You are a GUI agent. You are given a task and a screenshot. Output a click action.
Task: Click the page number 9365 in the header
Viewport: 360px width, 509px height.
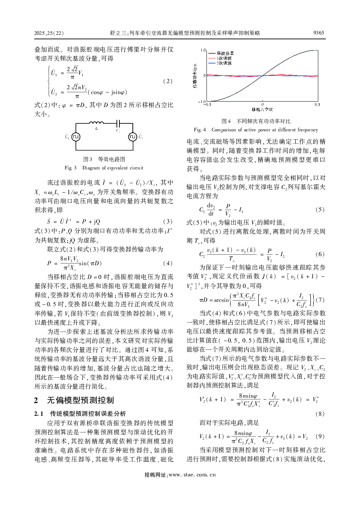pos(318,33)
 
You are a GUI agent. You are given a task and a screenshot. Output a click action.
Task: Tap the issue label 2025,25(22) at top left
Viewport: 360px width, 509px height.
pos(49,33)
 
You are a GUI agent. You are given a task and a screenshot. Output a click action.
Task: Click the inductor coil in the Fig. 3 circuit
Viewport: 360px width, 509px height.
pos(96,123)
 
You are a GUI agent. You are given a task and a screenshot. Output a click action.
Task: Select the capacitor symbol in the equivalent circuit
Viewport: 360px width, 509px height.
pos(118,124)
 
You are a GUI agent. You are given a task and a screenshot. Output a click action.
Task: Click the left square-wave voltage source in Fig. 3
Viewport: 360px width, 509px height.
pos(75,137)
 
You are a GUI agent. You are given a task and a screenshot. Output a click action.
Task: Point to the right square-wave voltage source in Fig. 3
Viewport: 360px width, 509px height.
pos(132,137)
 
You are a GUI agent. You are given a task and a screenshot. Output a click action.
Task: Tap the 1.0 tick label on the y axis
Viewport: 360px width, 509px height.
pos(203,50)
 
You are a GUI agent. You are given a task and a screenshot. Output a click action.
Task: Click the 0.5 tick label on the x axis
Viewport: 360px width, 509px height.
pos(317,104)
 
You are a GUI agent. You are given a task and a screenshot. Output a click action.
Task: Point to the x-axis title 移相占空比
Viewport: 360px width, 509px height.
pos(262,109)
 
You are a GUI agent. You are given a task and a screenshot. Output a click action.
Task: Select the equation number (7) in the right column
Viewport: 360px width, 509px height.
pos(320,300)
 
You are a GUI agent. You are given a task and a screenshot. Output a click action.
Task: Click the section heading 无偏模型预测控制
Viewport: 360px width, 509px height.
pos(81,400)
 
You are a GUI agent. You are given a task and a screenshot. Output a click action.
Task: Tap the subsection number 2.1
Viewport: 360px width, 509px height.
pos(39,414)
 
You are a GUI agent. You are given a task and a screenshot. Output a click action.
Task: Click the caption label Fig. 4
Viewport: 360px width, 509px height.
pos(200,130)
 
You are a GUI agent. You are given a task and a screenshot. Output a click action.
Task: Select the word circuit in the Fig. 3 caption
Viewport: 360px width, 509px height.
pos(136,168)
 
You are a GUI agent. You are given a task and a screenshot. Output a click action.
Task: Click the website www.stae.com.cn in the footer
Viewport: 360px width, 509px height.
pos(192,475)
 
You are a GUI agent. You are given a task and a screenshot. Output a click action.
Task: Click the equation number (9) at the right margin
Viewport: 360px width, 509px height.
pos(320,436)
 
